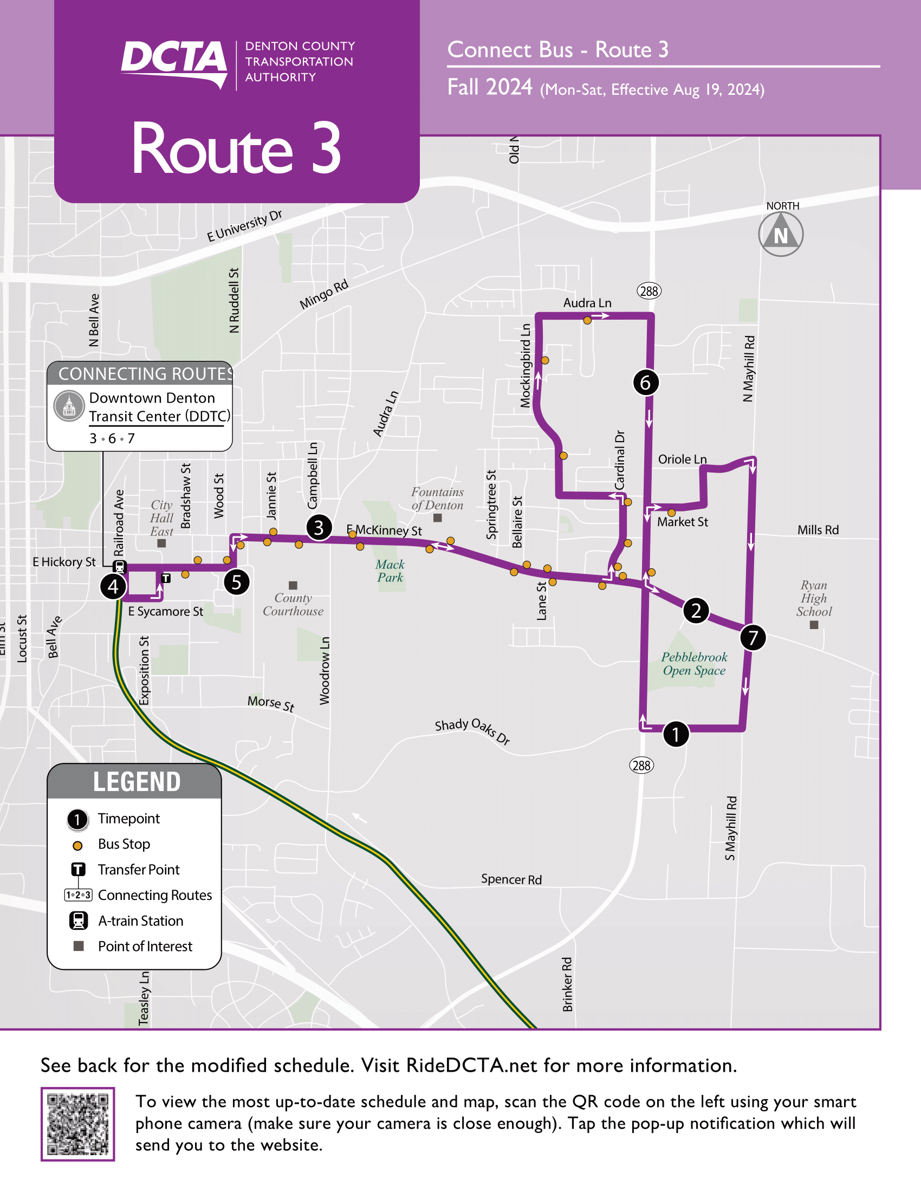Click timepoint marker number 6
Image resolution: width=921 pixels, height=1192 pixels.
point(645,383)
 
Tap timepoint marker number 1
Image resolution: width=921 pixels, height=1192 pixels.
point(676,734)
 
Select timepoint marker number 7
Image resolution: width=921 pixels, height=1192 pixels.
point(753,638)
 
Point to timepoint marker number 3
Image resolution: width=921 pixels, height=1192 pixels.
point(319,527)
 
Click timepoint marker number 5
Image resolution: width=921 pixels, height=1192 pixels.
point(236,582)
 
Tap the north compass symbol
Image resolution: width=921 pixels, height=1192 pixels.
point(781,235)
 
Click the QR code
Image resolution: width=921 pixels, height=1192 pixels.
point(77,1124)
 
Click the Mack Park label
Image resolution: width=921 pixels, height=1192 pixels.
point(390,571)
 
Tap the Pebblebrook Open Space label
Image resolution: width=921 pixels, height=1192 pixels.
point(694,664)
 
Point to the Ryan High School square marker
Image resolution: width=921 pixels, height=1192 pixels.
point(814,625)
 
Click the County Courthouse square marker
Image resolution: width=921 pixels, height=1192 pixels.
point(293,585)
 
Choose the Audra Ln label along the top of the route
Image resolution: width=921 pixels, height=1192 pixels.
point(587,303)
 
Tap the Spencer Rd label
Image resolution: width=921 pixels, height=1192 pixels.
point(511,879)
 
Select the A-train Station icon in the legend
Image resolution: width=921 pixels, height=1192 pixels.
point(79,921)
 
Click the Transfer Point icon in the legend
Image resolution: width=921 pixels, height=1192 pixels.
point(79,870)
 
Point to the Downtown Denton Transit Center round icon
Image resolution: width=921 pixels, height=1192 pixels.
point(69,406)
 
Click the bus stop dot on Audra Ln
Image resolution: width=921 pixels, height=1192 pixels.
point(587,320)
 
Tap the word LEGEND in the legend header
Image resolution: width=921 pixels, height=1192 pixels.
point(137,781)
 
